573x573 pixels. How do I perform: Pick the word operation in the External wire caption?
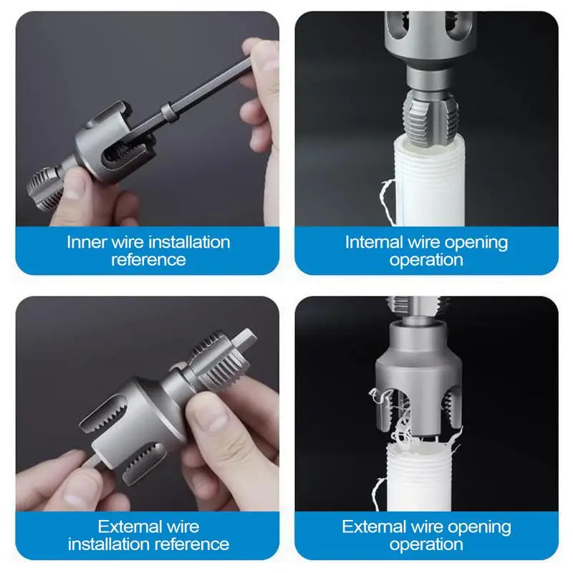coord(427,544)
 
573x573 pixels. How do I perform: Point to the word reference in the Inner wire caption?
coord(149,259)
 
